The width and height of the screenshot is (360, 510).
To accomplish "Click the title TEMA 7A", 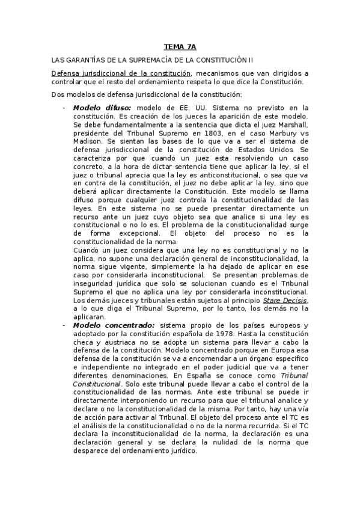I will point(180,46).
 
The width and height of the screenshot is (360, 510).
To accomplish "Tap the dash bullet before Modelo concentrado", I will point(64,325).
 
